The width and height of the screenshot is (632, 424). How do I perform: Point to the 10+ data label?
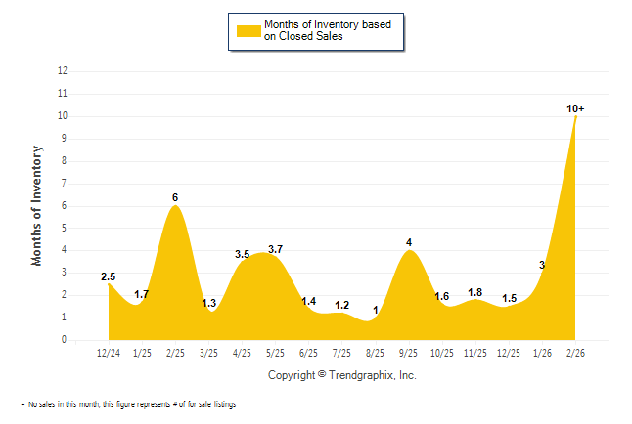tap(576, 108)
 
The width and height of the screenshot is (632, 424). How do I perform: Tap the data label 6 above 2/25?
tap(175, 197)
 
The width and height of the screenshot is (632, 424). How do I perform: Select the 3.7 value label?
tap(275, 249)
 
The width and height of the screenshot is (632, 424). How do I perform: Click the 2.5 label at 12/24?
tap(109, 276)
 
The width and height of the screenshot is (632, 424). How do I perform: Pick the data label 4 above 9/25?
tap(409, 242)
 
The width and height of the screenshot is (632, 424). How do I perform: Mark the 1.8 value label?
tap(475, 291)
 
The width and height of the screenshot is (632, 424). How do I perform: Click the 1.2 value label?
tap(341, 305)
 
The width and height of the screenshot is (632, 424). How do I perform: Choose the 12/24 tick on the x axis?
tap(109, 353)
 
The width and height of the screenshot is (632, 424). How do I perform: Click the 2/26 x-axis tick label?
tap(575, 353)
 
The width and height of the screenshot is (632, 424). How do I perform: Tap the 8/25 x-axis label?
tap(375, 353)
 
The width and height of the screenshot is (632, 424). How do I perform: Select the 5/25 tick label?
tap(275, 353)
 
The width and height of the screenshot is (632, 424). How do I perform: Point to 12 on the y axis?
tap(63, 71)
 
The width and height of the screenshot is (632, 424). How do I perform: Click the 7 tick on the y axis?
tap(65, 184)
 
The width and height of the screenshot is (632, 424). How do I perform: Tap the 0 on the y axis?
tap(65, 340)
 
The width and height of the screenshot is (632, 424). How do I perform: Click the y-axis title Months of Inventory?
tap(37, 205)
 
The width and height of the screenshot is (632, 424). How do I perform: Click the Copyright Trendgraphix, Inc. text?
tap(341, 375)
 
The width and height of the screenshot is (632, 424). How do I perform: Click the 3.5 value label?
tap(243, 254)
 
